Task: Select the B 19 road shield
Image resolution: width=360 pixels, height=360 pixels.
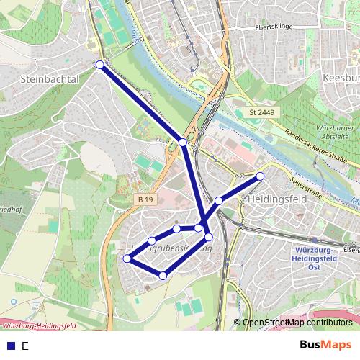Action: tap(146, 199)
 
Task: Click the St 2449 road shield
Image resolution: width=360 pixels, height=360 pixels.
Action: tap(261, 113)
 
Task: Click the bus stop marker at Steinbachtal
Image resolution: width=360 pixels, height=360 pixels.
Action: tap(99, 65)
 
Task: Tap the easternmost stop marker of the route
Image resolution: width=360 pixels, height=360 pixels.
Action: tap(261, 176)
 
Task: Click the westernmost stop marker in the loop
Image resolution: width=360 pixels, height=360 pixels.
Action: tap(127, 258)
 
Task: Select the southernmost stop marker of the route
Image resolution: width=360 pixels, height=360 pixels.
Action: tap(163, 276)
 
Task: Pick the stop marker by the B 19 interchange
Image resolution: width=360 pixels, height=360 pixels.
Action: tap(184, 143)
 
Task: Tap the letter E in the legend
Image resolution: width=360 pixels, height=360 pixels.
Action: tap(24, 346)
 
